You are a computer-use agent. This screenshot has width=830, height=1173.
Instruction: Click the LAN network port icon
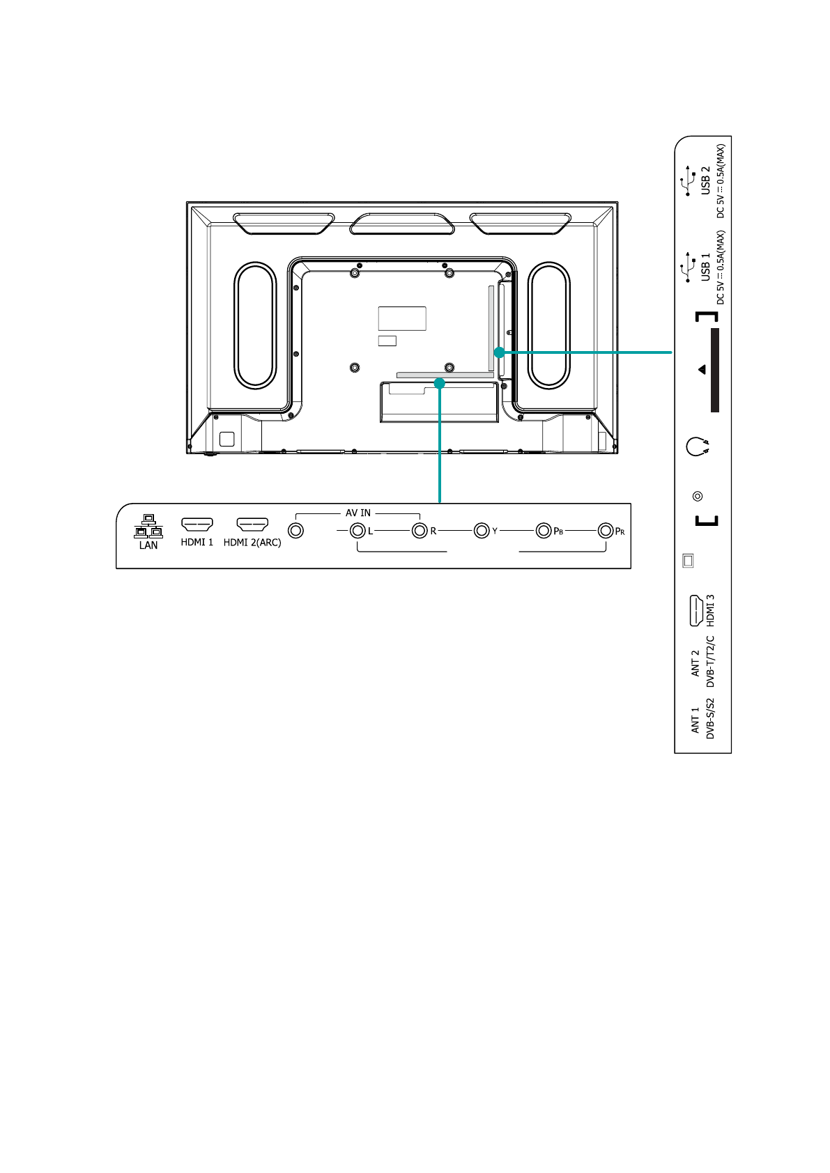point(148,527)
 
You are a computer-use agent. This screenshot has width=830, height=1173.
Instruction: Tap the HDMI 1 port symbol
point(197,525)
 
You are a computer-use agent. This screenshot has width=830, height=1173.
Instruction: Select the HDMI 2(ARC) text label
point(252,543)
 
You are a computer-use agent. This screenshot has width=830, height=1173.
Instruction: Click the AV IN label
point(358,513)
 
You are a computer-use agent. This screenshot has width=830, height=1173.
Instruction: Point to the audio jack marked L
point(358,531)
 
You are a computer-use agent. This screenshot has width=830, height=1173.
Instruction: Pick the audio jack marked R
point(420,531)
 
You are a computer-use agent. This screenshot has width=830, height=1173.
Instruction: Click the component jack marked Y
point(482,531)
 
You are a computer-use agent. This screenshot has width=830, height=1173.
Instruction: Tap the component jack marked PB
point(544,531)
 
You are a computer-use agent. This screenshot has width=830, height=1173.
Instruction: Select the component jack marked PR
point(606,531)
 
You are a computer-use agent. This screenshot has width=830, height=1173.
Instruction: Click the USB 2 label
point(706,180)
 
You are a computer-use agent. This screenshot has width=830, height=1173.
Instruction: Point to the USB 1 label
point(706,267)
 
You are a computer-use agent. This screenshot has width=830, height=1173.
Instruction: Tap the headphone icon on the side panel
point(698,446)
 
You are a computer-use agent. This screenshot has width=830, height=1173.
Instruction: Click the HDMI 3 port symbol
point(696,611)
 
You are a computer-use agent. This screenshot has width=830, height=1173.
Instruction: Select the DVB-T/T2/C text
point(710,662)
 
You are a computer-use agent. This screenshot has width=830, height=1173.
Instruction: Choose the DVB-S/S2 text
point(710,718)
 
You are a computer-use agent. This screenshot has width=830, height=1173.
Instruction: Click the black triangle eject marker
point(702,370)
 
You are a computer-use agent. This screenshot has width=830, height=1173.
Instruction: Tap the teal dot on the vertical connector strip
point(500,352)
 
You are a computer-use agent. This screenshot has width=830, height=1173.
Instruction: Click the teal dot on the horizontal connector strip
point(440,383)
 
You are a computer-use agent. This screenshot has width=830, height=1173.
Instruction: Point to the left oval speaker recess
point(255,325)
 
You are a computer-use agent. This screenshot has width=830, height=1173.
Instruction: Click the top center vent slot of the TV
point(402,224)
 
